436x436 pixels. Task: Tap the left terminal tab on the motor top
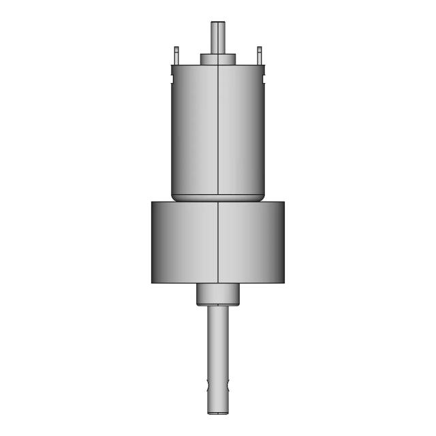[176, 54]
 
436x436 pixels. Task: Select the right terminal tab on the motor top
[259, 54]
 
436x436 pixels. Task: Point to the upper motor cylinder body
[194, 129]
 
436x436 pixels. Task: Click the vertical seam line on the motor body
[217, 129]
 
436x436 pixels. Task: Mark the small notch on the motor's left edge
[170, 67]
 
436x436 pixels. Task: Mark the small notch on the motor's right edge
[264, 67]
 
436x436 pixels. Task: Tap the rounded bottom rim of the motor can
[217, 198]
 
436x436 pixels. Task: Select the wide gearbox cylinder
[184, 242]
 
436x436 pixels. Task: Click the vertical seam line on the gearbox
[217, 242]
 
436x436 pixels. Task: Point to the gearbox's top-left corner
[151, 202]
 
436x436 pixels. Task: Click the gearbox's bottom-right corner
[284, 282]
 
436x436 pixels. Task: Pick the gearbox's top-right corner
[284, 202]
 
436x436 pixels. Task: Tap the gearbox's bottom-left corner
[151, 282]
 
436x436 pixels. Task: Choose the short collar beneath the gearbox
[219, 294]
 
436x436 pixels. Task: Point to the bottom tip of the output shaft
[219, 411]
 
